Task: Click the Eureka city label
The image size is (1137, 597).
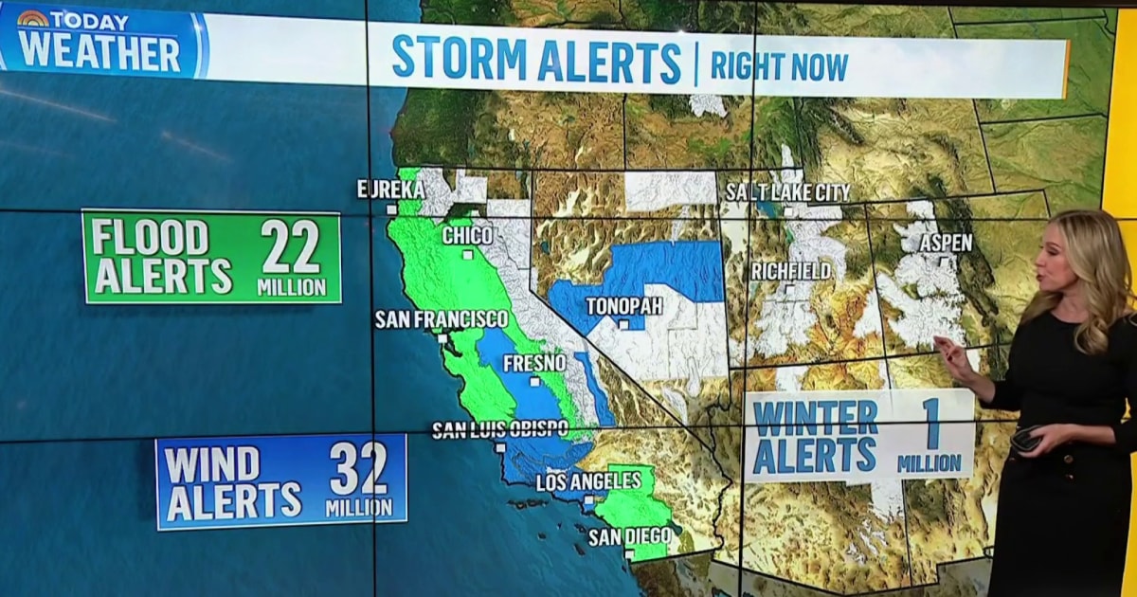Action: pyautogui.click(x=390, y=189)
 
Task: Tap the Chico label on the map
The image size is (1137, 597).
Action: pyautogui.click(x=467, y=235)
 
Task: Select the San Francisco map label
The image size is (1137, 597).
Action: pyautogui.click(x=442, y=319)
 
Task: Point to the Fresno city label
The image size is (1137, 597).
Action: pyautogui.click(x=534, y=363)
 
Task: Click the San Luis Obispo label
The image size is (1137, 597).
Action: pyautogui.click(x=499, y=430)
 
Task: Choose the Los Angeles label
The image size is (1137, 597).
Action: pyautogui.click(x=582, y=482)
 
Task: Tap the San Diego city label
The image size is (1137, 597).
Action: pyautogui.click(x=629, y=537)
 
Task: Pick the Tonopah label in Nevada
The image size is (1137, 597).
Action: pyautogui.click(x=623, y=306)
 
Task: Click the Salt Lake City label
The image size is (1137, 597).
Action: pyautogui.click(x=788, y=192)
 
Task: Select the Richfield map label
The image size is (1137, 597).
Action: pyautogui.click(x=790, y=271)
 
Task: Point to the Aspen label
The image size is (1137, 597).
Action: pyautogui.click(x=946, y=243)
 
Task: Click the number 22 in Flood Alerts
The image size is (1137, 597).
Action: pyautogui.click(x=292, y=249)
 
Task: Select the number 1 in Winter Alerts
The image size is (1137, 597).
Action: pyautogui.click(x=932, y=425)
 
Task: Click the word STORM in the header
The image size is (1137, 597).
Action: pyautogui.click(x=460, y=60)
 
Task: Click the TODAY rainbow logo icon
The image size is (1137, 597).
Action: pyautogui.click(x=33, y=19)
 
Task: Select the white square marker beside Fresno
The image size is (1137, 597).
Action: pyautogui.click(x=535, y=382)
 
